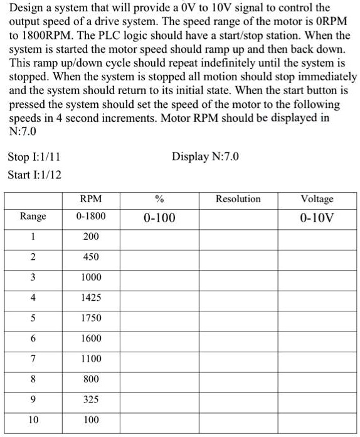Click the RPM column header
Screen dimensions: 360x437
(91, 199)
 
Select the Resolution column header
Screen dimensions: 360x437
(238, 199)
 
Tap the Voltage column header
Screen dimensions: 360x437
(317, 199)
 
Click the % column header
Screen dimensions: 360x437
(159, 199)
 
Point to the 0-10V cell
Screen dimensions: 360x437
(317, 218)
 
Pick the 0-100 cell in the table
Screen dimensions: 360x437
(159, 218)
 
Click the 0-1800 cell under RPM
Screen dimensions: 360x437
(91, 217)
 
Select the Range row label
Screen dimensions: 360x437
(33, 217)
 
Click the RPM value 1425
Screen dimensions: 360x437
(91, 298)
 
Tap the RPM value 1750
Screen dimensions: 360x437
(91, 318)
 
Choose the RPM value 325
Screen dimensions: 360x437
(91, 399)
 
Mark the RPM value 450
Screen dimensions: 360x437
(91, 257)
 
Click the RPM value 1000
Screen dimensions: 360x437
(91, 278)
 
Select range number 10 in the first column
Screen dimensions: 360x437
(33, 419)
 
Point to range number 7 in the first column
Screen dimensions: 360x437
(33, 359)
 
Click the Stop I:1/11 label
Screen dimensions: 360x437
(34, 156)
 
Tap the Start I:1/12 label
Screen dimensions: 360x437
(35, 174)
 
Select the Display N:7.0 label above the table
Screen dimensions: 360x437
(206, 156)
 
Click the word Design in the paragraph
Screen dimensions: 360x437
(27, 9)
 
